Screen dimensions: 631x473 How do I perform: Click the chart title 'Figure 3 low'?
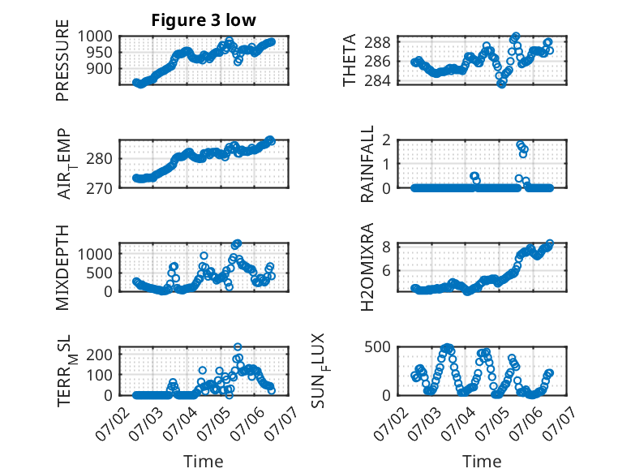[x=204, y=20]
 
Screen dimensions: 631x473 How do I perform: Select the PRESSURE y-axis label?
[x=62, y=60]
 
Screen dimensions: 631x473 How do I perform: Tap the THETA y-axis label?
[x=350, y=60]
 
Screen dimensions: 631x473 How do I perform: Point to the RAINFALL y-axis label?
[x=367, y=164]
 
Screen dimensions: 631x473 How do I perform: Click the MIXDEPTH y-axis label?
[x=62, y=268]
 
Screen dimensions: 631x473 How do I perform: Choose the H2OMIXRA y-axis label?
[x=367, y=267]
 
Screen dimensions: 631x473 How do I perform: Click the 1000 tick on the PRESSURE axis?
[x=95, y=37]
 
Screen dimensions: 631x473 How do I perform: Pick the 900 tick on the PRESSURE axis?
[x=100, y=69]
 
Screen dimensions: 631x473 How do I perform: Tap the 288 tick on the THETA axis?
[x=378, y=42]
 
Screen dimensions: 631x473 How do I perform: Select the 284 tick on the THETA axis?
[x=378, y=81]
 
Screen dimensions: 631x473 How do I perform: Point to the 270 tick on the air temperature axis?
[x=100, y=188]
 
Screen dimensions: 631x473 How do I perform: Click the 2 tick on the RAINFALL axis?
[x=387, y=140]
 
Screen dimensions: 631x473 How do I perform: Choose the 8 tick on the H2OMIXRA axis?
[x=387, y=247]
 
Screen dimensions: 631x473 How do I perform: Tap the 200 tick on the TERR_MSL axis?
[x=100, y=355]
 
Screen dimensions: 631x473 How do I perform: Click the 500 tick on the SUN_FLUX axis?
[x=378, y=347]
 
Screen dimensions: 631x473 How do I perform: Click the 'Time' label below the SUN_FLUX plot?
[x=482, y=462]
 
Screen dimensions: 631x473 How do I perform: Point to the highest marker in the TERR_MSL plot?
[x=238, y=347]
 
